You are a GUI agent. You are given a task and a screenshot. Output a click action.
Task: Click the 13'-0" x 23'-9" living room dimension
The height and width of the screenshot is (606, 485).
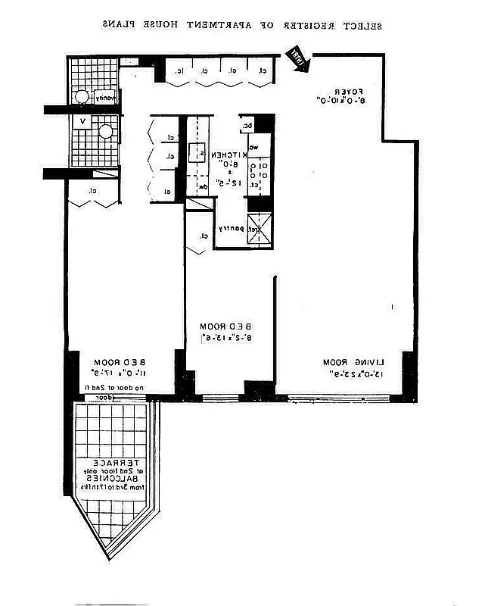[x=350, y=373]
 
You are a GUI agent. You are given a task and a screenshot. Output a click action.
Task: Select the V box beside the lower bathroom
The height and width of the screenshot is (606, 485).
[x=82, y=120]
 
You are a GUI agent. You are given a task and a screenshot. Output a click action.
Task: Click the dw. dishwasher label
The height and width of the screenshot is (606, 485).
[x=203, y=186]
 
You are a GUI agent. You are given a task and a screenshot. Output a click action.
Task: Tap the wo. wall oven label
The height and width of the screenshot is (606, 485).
[x=254, y=147]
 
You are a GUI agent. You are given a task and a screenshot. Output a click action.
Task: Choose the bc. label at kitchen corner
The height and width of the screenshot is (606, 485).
[x=247, y=126]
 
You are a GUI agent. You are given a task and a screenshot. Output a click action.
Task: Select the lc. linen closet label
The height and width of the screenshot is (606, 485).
[x=179, y=71]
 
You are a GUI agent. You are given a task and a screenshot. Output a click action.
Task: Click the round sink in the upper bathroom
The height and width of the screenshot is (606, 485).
[x=80, y=97]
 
